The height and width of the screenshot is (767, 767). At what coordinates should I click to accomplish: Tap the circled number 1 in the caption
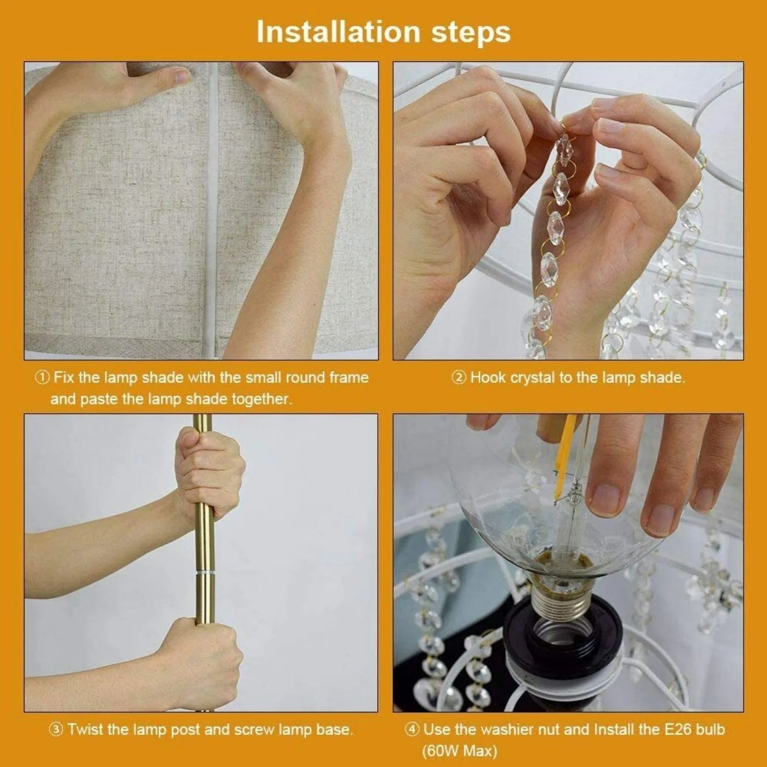point(42,378)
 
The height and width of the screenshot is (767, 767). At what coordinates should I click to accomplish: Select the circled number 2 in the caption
point(458,378)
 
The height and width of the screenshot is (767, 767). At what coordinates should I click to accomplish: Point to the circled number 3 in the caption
point(56,730)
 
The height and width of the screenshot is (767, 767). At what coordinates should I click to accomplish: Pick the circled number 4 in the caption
point(412,730)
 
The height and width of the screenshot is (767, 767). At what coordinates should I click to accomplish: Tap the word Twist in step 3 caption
point(84,729)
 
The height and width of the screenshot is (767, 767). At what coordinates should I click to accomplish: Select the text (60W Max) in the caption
point(459,751)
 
